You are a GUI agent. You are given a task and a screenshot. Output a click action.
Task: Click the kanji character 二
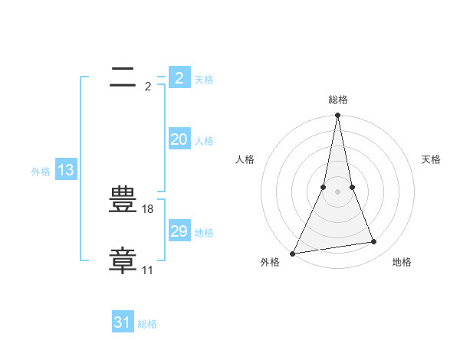tap(123, 77)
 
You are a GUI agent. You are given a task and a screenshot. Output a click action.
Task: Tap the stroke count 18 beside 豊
tap(148, 209)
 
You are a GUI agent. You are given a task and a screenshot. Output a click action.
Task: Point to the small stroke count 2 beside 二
tap(147, 87)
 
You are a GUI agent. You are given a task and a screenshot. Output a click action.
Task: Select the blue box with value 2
tap(179, 78)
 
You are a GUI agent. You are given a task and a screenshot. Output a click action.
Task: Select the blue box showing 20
tap(179, 139)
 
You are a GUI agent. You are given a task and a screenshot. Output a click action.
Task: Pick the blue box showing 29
tap(179, 231)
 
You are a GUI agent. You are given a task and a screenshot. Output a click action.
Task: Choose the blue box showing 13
tap(65, 170)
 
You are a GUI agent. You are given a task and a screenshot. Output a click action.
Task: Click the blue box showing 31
tap(123, 322)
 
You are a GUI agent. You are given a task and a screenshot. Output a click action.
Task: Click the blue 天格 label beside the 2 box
tap(204, 80)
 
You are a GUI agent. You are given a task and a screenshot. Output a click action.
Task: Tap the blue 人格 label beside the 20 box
tap(204, 141)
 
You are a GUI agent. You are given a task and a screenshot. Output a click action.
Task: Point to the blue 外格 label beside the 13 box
tap(41, 172)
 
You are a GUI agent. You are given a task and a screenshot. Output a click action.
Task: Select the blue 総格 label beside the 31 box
tap(147, 324)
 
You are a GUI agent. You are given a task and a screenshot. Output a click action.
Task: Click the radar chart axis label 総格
tap(337, 100)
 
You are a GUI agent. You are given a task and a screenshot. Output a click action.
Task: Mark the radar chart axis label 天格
tap(431, 159)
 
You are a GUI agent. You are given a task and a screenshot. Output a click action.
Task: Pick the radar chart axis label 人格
tap(245, 159)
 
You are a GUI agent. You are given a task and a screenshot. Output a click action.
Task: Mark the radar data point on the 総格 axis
tap(337, 116)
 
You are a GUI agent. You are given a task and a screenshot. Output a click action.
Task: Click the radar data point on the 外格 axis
tap(292, 254)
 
